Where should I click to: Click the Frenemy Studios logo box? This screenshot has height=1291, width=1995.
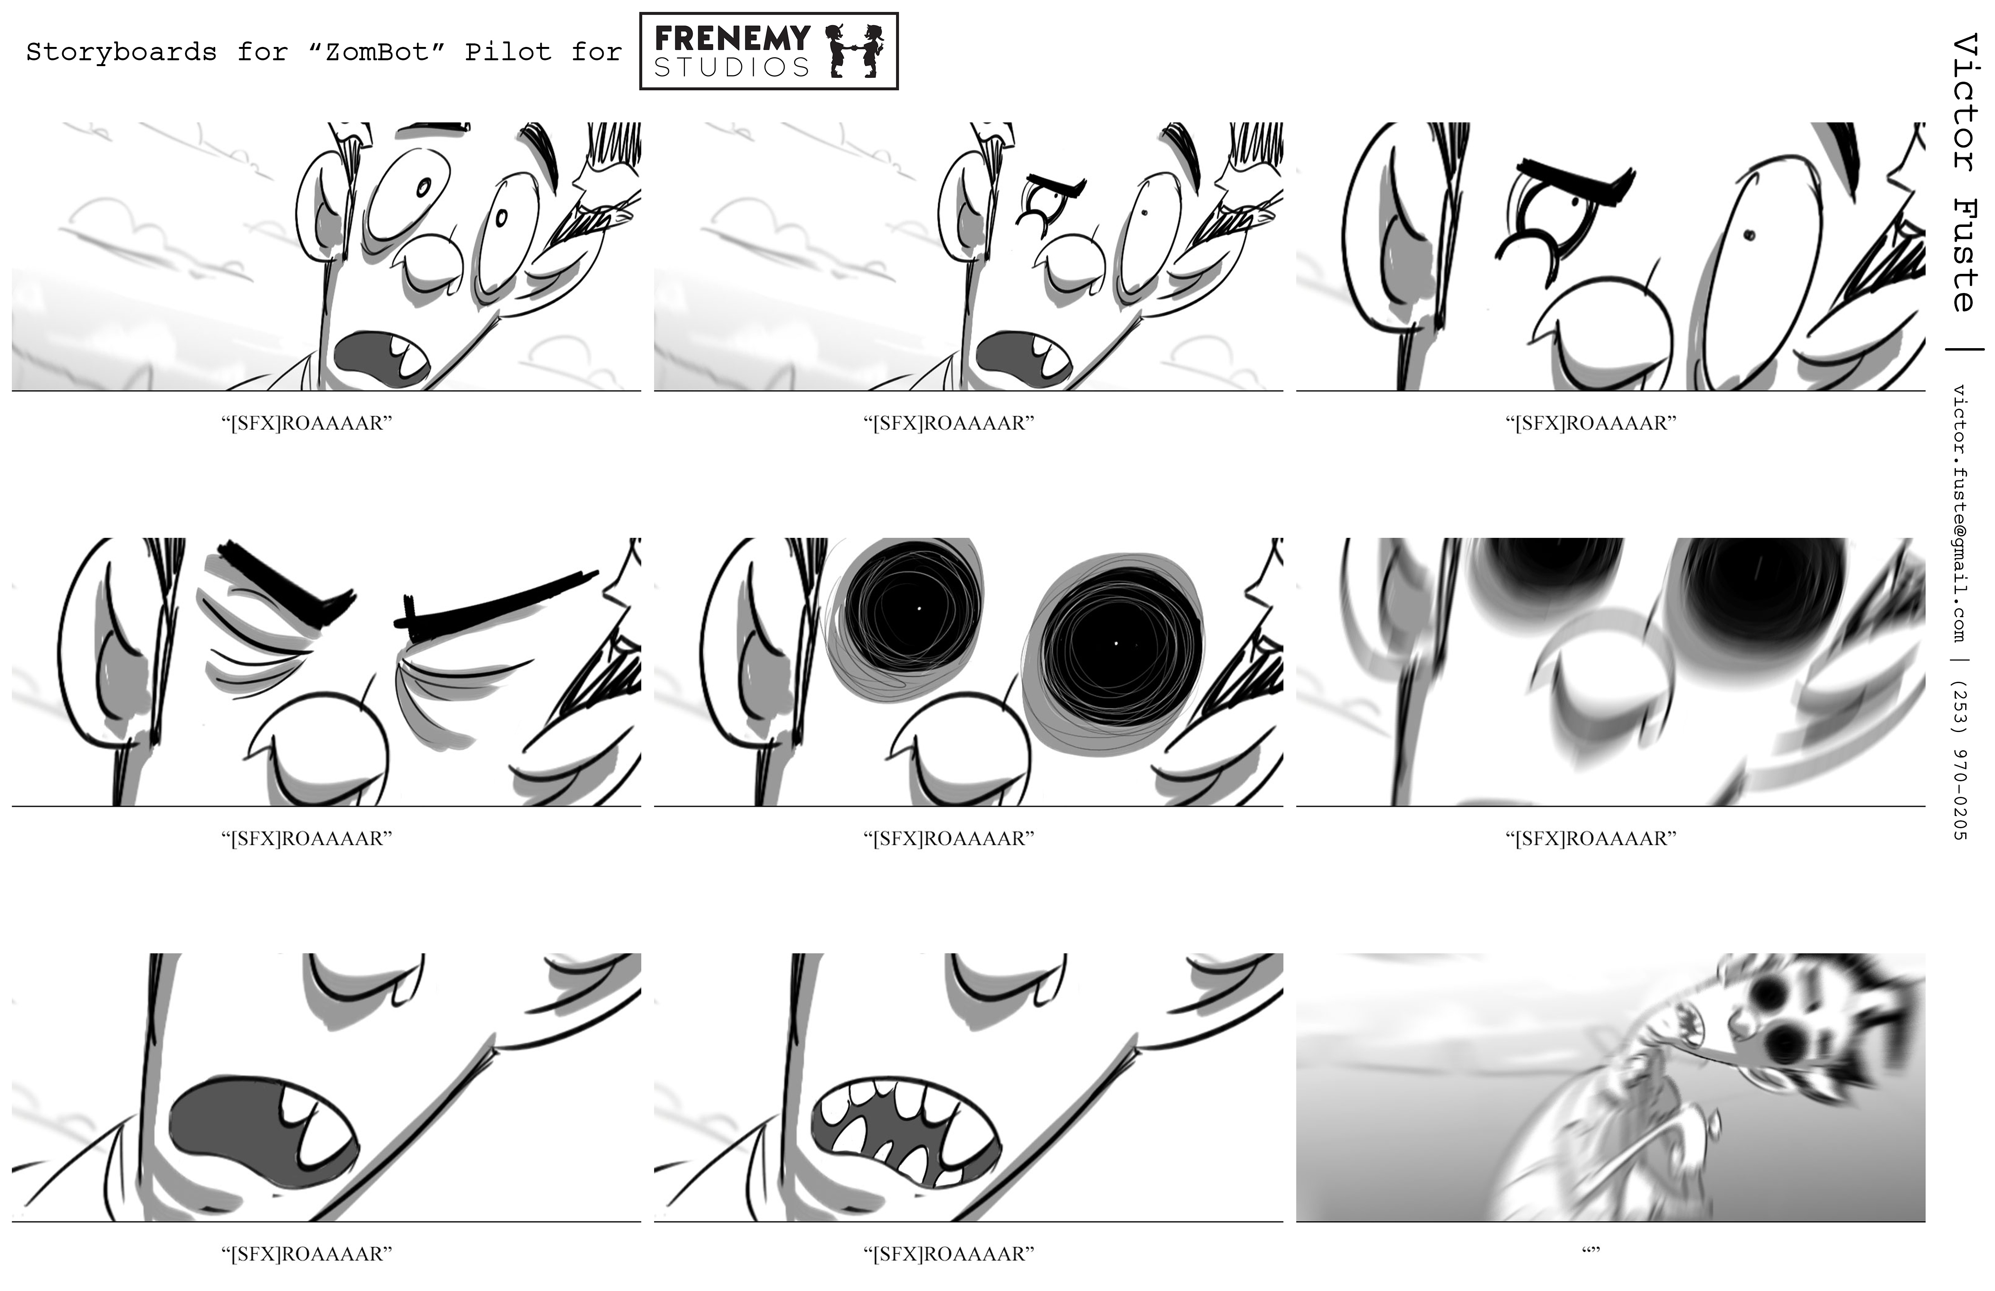click(769, 51)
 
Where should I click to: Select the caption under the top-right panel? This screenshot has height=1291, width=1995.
click(1591, 423)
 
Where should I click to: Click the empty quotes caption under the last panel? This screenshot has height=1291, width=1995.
click(1591, 1252)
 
